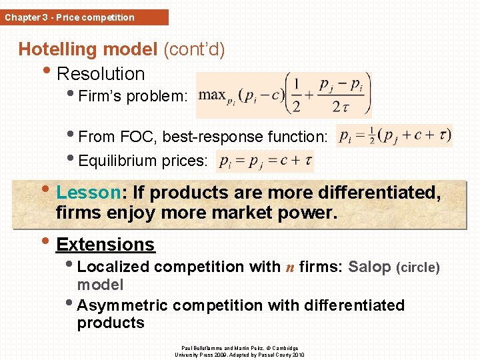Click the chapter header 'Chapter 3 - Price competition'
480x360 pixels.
click(69, 17)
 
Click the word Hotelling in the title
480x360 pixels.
click(58, 49)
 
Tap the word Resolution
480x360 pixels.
click(101, 73)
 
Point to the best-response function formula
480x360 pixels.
click(395, 136)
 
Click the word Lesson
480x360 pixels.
click(87, 193)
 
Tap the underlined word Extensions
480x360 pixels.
click(105, 245)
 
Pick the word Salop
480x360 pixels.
click(369, 267)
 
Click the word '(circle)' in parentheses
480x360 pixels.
click(418, 267)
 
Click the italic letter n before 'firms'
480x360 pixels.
click(290, 267)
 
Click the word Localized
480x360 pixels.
click(113, 267)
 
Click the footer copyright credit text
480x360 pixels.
click(239, 351)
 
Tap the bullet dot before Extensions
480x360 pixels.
click(45, 241)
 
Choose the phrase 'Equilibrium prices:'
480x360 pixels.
click(143, 161)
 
